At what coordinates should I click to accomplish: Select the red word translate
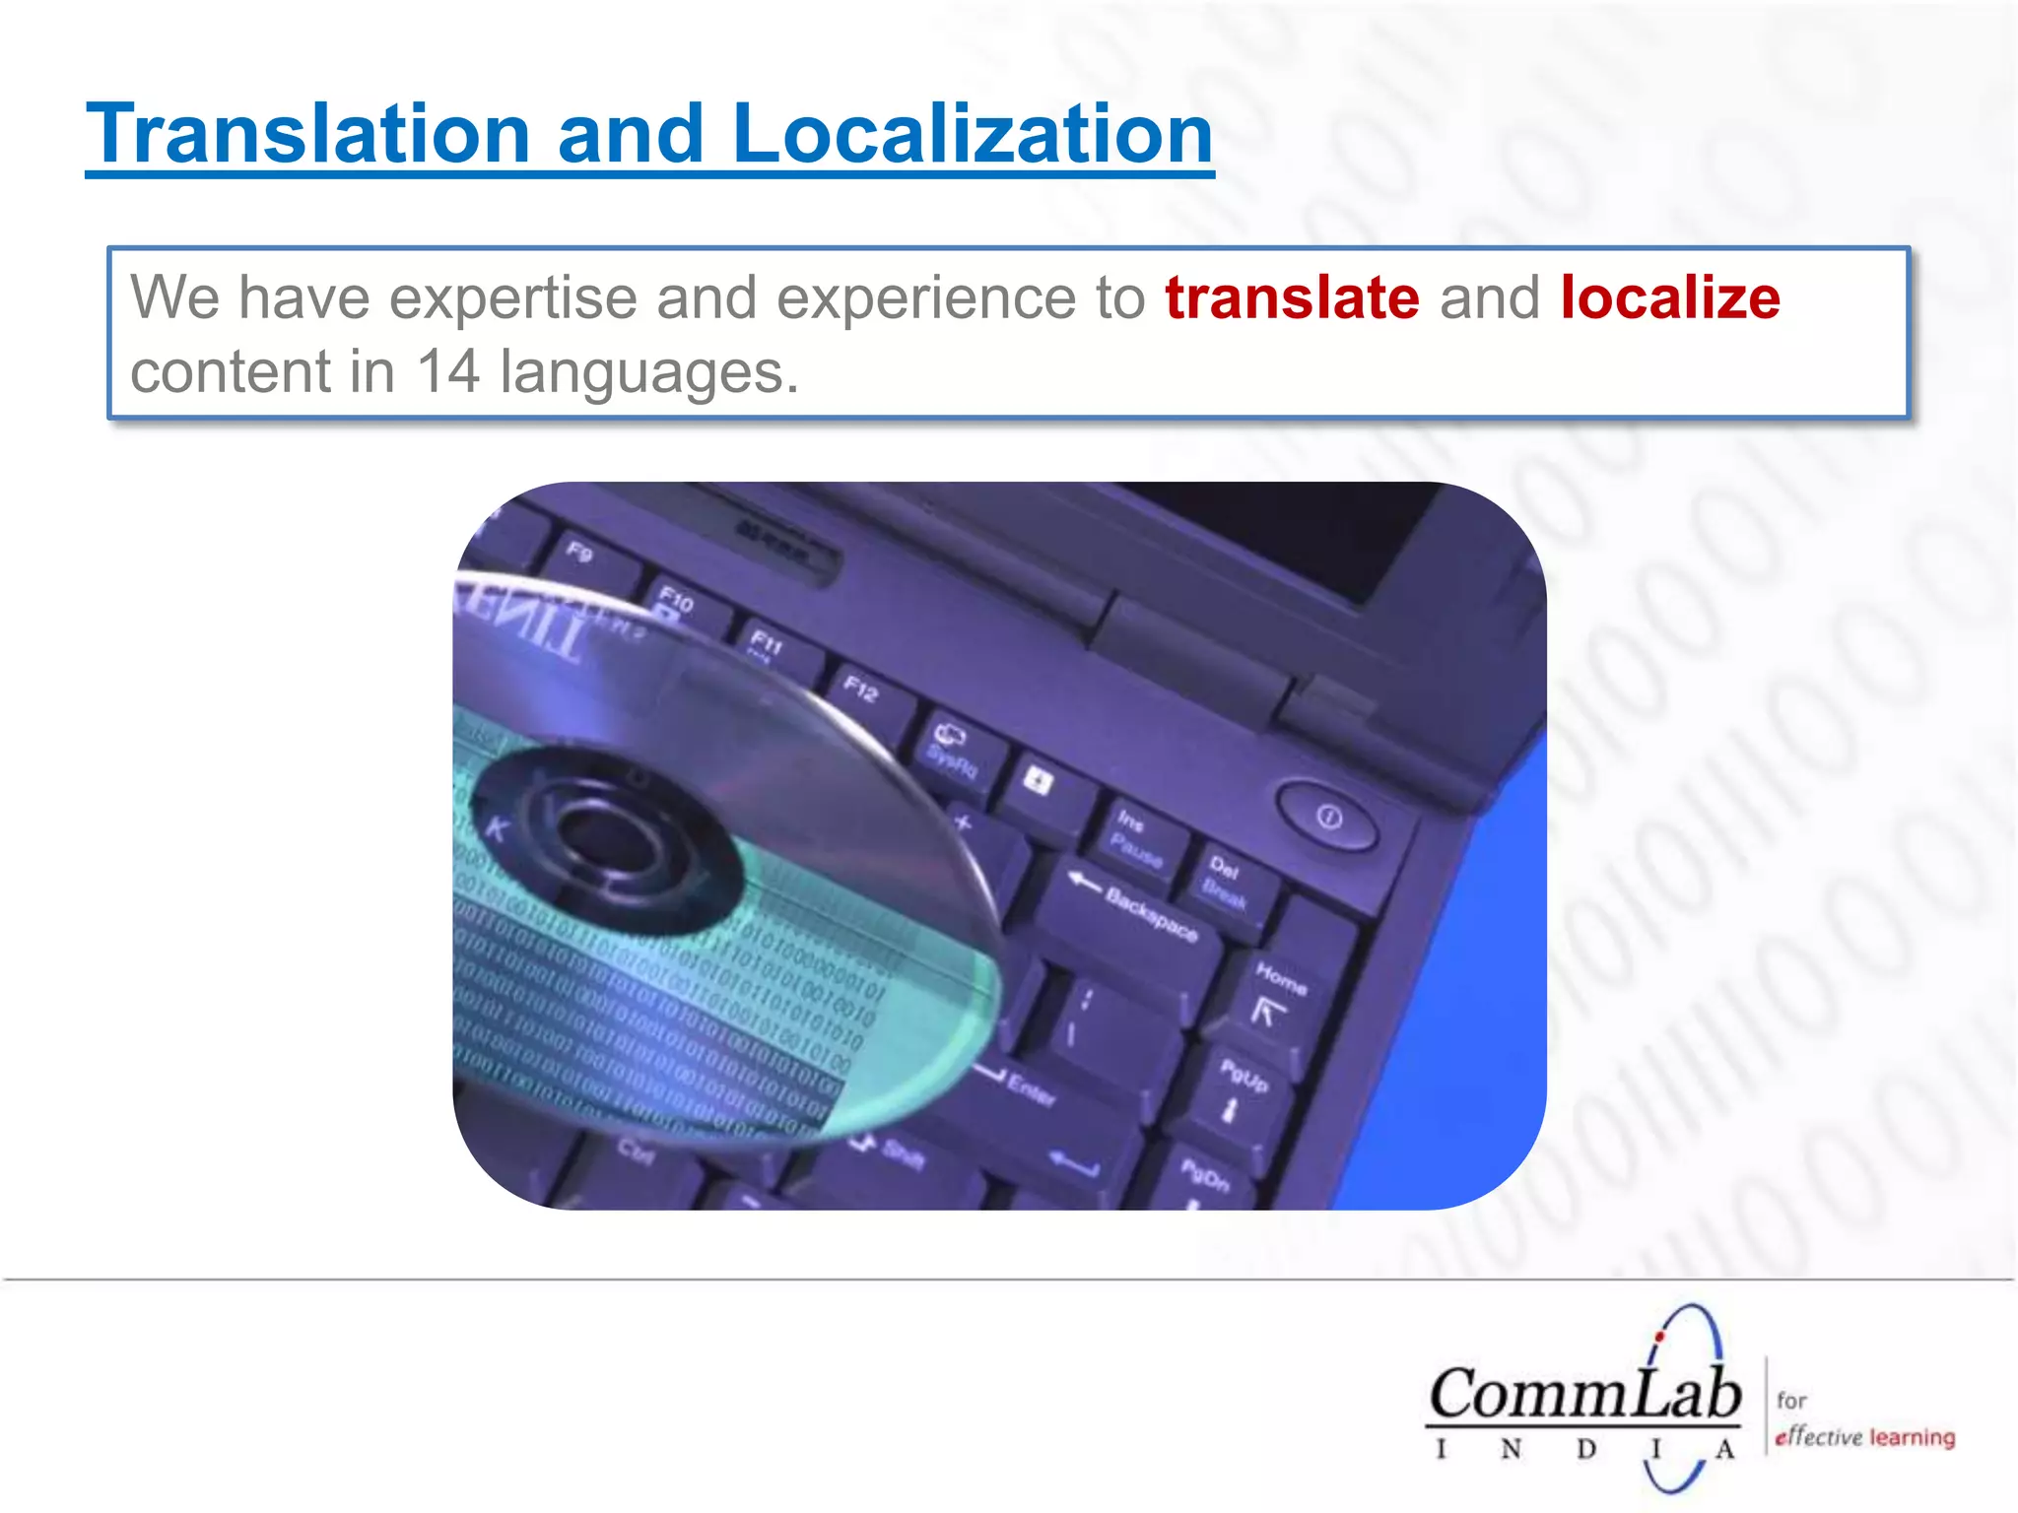[x=1292, y=297]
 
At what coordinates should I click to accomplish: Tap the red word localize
[x=1670, y=297]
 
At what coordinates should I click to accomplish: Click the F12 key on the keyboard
[x=860, y=690]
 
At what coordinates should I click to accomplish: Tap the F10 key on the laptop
[x=676, y=598]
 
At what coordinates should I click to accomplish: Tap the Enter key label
[x=1030, y=1088]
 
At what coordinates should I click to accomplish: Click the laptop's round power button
[x=1328, y=817]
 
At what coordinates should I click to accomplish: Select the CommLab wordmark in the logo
[x=1584, y=1394]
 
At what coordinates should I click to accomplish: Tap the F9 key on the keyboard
[x=579, y=552]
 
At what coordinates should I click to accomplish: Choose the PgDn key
[x=1205, y=1174]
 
